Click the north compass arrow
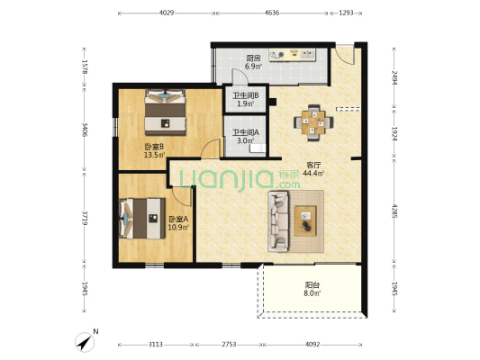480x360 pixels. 85,342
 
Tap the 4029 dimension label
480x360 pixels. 167,13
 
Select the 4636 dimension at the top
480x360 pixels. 272,13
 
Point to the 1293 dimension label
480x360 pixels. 346,13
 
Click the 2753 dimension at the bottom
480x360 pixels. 229,345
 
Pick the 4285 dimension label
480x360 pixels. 394,211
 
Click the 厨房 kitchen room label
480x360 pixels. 253,58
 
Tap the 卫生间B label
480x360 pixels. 246,95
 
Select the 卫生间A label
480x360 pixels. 246,132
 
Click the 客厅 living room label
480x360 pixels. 313,166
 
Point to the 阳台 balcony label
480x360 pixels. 312,285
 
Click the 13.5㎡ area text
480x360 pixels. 155,155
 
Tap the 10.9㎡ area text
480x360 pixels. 178,228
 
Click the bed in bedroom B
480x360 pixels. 166,112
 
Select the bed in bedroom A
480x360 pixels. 142,219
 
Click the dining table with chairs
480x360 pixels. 313,122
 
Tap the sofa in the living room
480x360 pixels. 278,221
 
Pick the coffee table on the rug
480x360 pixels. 305,220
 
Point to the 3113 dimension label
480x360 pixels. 156,345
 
